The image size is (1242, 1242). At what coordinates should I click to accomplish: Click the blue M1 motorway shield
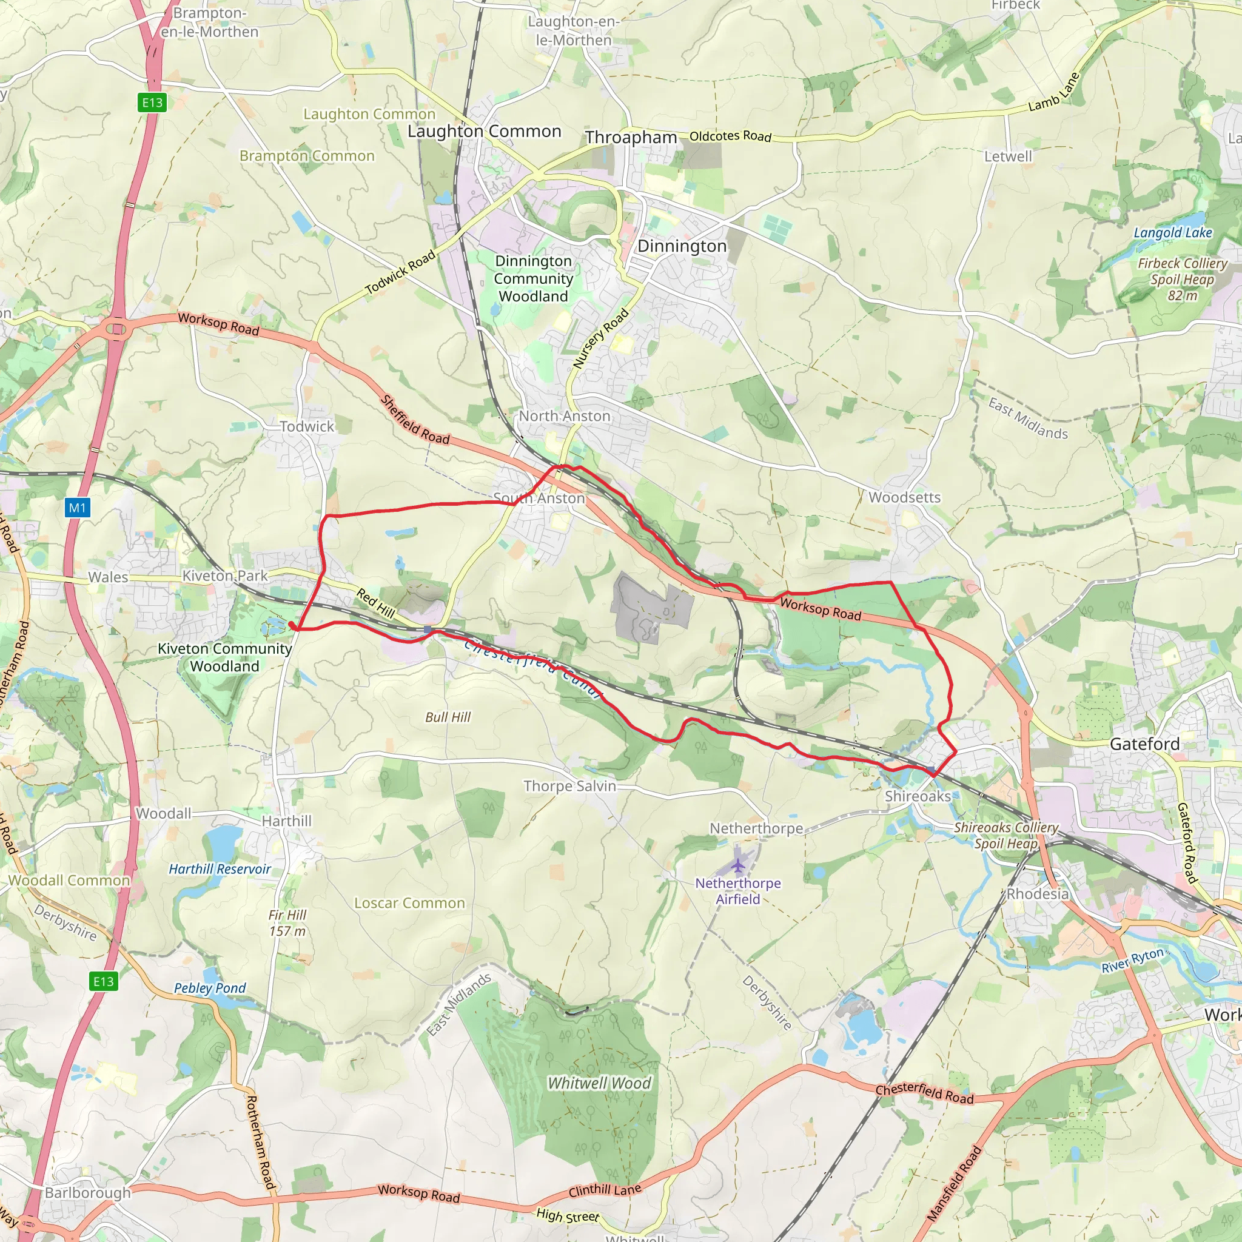77,508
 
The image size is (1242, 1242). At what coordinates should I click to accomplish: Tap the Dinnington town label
682,246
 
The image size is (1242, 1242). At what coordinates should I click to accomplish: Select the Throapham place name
631,138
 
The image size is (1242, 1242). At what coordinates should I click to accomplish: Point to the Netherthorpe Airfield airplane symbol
739,866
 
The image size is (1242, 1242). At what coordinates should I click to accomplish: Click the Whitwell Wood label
599,1083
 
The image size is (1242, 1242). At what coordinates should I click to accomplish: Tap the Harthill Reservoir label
220,869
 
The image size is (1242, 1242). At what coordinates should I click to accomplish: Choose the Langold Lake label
1173,233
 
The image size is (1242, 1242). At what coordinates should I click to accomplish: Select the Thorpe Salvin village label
569,785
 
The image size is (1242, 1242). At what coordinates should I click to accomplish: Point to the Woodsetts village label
904,497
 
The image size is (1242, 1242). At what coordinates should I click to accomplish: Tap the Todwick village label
307,426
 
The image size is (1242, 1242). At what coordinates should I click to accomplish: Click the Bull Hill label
448,717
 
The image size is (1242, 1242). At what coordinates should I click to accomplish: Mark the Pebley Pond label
210,988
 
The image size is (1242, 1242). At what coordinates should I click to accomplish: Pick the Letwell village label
1007,156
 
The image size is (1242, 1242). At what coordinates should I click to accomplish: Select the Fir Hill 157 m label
287,922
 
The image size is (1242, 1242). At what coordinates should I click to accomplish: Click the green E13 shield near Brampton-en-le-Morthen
152,102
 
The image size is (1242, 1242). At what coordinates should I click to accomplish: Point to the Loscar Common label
409,903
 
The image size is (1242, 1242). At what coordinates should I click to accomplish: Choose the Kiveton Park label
225,576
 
